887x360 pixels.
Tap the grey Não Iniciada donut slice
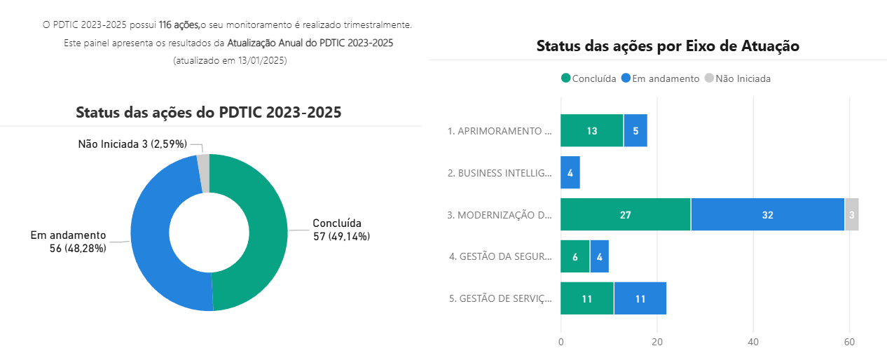(203, 164)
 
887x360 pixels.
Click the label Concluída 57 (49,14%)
(341, 230)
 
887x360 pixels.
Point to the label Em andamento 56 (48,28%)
(69, 242)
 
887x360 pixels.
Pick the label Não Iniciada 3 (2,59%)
(132, 144)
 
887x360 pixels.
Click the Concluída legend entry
(589, 78)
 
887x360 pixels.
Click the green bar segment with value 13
(592, 131)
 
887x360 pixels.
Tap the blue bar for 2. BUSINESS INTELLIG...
(570, 173)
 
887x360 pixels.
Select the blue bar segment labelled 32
(767, 215)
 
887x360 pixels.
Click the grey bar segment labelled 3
(851, 215)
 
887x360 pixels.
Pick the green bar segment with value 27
(625, 215)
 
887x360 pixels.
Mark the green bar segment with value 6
(575, 257)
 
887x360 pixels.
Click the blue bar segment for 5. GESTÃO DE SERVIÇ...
(640, 299)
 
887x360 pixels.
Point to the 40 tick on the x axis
(753, 342)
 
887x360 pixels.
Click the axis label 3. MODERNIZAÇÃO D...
(500, 215)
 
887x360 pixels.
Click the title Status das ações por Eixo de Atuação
(668, 46)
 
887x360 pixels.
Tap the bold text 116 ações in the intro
(179, 25)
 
